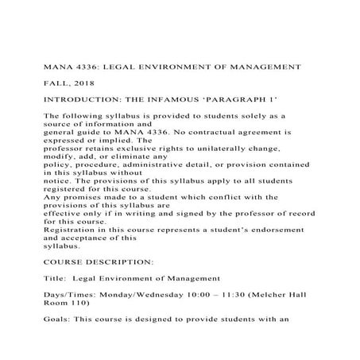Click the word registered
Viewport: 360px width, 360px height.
tap(68, 188)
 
